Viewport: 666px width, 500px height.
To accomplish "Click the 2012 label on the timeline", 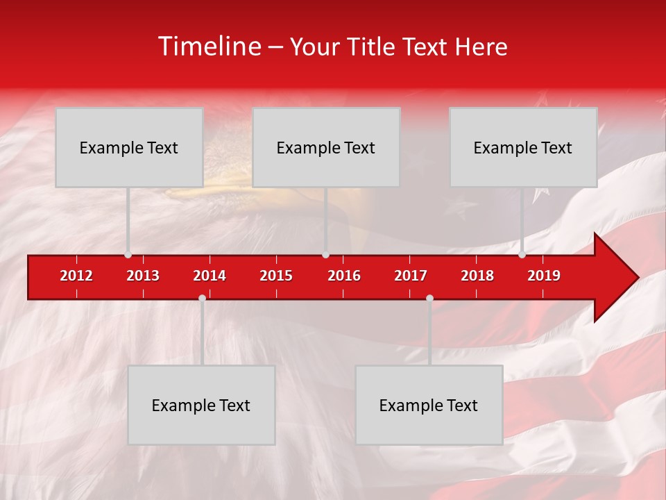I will pyautogui.click(x=76, y=276).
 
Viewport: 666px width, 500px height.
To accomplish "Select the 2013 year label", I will pyautogui.click(x=143, y=276).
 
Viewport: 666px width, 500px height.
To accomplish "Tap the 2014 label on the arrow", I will pyautogui.click(x=210, y=276).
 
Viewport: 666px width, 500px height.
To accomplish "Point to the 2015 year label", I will pyautogui.click(x=276, y=276).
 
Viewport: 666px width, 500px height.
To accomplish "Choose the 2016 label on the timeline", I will pyautogui.click(x=344, y=276).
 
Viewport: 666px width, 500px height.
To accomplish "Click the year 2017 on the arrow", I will pyautogui.click(x=411, y=276).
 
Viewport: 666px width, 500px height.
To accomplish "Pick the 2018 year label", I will pyautogui.click(x=477, y=276).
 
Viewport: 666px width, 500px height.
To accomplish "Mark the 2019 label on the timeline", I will pyautogui.click(x=544, y=276).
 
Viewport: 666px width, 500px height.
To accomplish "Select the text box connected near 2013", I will pyautogui.click(x=129, y=147).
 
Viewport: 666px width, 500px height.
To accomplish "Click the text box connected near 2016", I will pyautogui.click(x=326, y=147).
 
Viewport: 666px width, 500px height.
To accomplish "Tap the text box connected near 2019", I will pyautogui.click(x=523, y=147).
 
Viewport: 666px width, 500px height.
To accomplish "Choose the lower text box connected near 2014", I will pyautogui.click(x=201, y=405).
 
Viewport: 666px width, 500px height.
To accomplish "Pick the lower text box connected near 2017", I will pyautogui.click(x=429, y=405).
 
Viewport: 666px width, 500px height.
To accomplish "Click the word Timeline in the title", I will pyautogui.click(x=209, y=47).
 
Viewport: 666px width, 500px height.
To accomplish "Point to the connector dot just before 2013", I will pyautogui.click(x=128, y=255).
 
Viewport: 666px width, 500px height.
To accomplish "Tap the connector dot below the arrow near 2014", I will pyautogui.click(x=202, y=298).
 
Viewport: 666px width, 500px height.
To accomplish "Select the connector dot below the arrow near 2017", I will pyautogui.click(x=429, y=298).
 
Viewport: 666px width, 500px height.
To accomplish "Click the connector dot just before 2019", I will pyautogui.click(x=522, y=255).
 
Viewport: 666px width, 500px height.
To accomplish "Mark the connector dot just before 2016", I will pyautogui.click(x=325, y=255).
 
